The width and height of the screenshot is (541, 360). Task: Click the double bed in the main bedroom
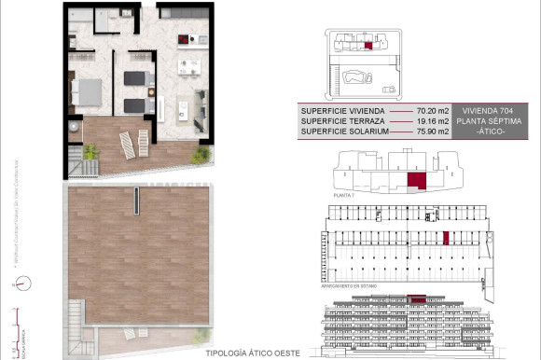(x=89, y=92)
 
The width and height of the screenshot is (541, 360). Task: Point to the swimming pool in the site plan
(x=356, y=77)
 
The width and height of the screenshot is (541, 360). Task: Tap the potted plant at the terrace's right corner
(x=200, y=154)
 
